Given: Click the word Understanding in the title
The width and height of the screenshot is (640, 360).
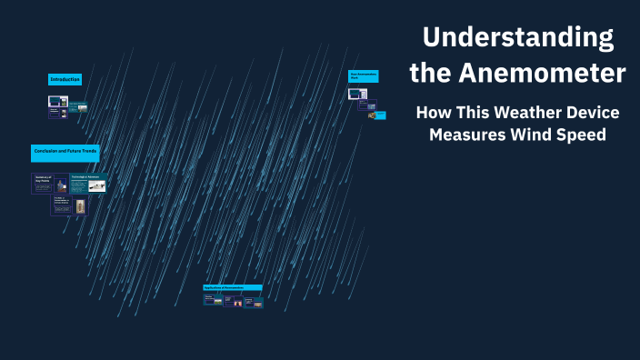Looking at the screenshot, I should (517, 38).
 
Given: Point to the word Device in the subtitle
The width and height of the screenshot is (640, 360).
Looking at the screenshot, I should (592, 114).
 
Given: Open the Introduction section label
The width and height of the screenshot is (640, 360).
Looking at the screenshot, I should (65, 80).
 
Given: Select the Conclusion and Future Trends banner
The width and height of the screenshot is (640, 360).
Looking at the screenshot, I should (65, 150).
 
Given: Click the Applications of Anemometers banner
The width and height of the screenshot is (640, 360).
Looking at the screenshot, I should (232, 287).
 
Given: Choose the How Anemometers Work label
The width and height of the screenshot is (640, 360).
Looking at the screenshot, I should (364, 75).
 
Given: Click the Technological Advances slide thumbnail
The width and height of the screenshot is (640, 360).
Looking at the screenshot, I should (88, 183).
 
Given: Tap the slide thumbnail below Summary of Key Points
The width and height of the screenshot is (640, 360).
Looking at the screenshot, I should (69, 205).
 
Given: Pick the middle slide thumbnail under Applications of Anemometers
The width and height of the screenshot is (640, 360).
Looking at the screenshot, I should (233, 300).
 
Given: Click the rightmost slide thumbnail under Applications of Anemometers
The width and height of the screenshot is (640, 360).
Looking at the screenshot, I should (254, 302).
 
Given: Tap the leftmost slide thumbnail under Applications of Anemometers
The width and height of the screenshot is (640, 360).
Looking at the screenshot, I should (213, 299).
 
